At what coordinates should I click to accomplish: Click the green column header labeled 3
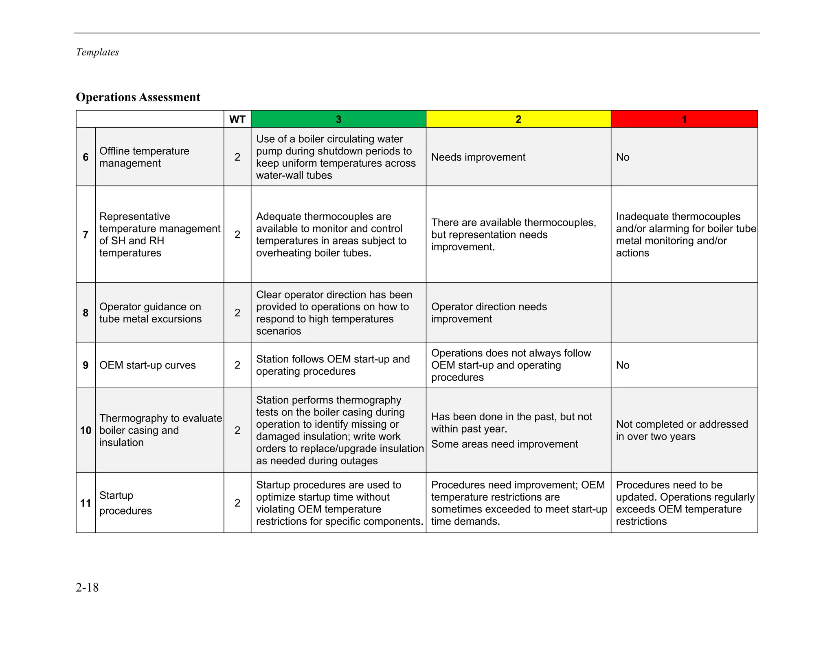pos(338,119)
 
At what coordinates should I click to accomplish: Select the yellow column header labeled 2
pos(518,119)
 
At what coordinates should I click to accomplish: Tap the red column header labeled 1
pos(684,119)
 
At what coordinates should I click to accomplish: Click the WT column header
pos(237,119)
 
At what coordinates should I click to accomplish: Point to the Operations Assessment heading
pos(138,97)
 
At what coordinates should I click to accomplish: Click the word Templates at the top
pos(97,52)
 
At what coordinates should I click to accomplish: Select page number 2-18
pos(87,587)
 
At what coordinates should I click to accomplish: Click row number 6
pos(86,157)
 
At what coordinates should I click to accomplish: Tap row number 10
pos(86,430)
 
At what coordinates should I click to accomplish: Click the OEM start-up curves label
pos(147,365)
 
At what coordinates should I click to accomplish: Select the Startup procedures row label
pos(125,503)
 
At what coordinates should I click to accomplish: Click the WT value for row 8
pos(237,313)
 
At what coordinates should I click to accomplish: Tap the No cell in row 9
pos(623,365)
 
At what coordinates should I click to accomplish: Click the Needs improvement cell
pos(478,157)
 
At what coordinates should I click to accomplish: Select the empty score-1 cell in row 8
pos(684,313)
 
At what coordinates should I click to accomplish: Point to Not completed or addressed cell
pos(682,430)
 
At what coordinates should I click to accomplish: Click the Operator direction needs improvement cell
pos(489,313)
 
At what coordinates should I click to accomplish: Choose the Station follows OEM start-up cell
pos(333,365)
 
